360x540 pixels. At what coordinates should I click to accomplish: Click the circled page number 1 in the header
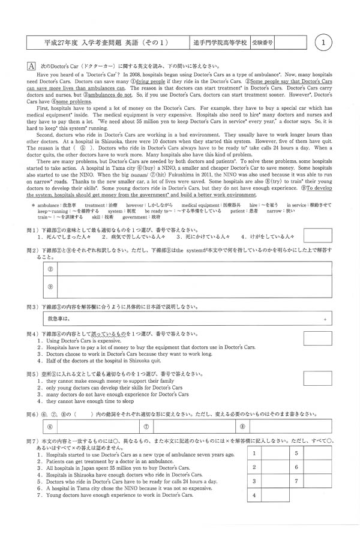point(323,43)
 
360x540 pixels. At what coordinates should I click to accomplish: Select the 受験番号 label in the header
point(261,43)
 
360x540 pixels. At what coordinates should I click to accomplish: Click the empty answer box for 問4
point(318,338)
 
